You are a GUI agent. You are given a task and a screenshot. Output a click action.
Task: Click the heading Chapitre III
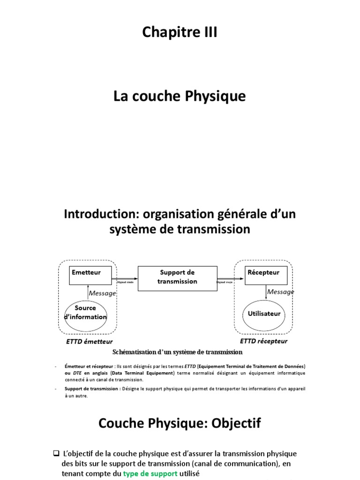click(x=180, y=34)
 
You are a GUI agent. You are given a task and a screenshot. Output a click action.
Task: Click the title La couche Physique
click(x=180, y=97)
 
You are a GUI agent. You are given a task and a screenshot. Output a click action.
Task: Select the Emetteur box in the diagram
click(x=90, y=275)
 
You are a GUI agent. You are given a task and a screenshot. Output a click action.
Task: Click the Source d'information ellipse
click(x=85, y=313)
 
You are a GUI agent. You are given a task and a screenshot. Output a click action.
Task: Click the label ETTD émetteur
click(x=90, y=342)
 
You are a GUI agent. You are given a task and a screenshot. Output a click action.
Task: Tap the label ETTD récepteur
click(x=263, y=341)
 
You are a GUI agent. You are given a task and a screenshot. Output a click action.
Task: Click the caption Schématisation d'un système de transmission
click(x=177, y=352)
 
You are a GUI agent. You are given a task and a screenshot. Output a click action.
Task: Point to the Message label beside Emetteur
click(x=102, y=293)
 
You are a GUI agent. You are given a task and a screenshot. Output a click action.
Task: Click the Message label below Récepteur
click(x=280, y=292)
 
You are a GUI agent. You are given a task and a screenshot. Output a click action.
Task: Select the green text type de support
click(x=150, y=474)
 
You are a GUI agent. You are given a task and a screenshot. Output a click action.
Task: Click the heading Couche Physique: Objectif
click(x=180, y=424)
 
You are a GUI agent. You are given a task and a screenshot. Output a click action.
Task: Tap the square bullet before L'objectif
click(x=56, y=454)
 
